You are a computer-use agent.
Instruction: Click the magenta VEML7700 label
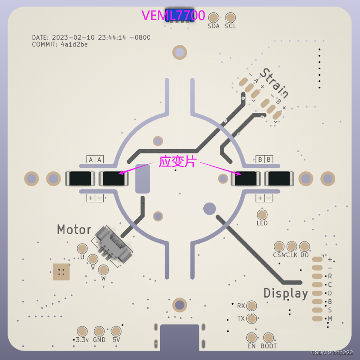tap(173, 15)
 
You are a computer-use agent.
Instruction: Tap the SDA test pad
tap(214, 17)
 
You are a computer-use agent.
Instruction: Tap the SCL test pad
tap(230, 17)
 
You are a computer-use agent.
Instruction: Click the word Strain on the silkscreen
tap(274, 83)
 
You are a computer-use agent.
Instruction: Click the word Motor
tap(74, 230)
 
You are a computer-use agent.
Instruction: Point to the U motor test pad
tap(82, 249)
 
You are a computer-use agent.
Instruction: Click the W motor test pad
tap(103, 269)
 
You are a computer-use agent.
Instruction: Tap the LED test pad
tap(262, 214)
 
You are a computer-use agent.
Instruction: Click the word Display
tap(286, 293)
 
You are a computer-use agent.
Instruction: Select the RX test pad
tap(252, 306)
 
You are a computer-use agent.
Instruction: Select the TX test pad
tap(252, 319)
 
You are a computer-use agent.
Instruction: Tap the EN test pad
tap(252, 337)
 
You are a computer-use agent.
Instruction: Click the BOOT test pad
tap(269, 337)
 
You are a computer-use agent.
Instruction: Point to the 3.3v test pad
tap(82, 331)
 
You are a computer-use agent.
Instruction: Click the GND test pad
tap(99, 331)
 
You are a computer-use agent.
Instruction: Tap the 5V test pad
tap(116, 331)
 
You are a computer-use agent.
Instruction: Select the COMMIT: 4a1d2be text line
tap(60, 44)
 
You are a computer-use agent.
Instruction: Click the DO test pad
tap(304, 247)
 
